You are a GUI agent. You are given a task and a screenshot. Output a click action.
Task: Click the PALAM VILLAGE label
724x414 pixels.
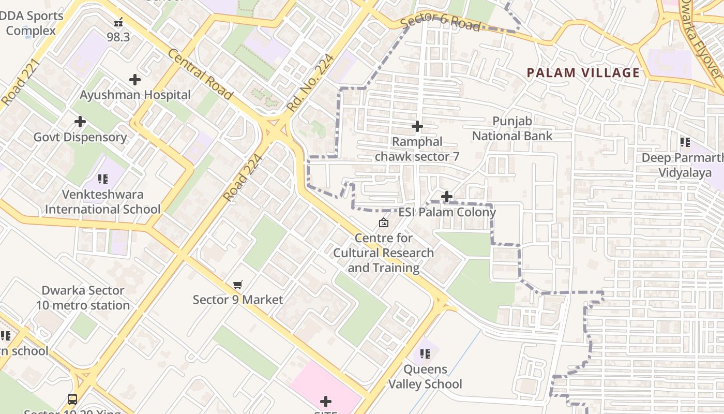583,72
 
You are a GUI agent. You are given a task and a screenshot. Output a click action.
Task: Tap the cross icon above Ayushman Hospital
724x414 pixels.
135,80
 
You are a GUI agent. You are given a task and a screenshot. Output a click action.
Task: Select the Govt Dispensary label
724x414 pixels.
80,137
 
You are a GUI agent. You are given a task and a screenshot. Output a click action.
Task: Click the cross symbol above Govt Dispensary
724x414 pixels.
80,122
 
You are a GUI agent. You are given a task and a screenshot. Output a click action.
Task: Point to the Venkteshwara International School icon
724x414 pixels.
103,179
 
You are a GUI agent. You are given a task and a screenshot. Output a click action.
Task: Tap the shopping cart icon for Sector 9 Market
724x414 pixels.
238,285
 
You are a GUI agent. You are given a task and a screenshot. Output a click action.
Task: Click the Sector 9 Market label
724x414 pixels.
238,300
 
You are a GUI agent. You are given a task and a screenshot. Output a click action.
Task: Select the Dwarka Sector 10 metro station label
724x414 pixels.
83,298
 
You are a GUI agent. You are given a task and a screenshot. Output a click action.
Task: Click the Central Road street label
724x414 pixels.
200,75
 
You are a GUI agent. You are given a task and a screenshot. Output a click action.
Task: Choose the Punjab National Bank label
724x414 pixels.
512,128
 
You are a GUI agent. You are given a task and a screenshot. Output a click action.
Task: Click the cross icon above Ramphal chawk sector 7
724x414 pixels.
417,126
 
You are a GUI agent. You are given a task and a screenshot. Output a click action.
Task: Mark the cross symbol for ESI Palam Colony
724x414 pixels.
447,197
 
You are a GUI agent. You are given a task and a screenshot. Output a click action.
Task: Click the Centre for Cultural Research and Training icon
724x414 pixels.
384,223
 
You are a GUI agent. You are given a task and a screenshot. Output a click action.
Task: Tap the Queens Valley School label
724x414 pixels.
425,377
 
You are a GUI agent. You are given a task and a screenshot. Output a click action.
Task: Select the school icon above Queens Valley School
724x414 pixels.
425,354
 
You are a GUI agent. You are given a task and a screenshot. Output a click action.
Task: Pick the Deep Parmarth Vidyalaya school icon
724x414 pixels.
685,142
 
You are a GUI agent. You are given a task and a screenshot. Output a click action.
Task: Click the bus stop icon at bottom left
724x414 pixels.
72,400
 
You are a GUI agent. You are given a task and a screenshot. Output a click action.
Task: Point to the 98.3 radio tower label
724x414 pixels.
118,37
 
